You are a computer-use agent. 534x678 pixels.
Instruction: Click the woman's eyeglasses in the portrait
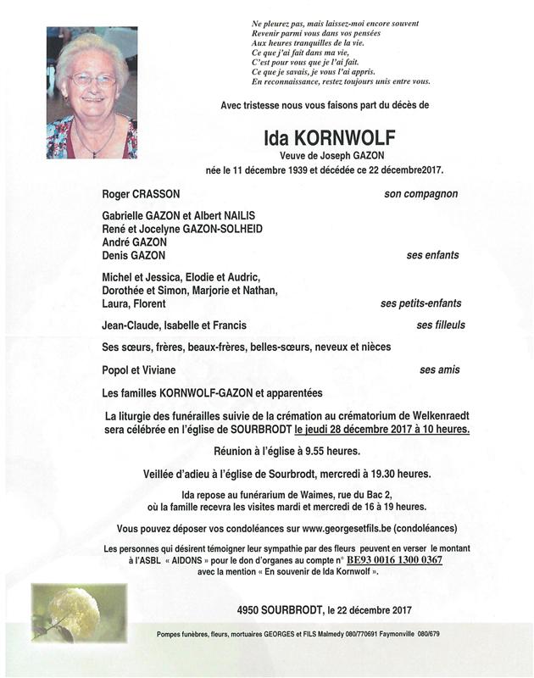coord(92,80)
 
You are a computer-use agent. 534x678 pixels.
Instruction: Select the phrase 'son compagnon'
coord(420,194)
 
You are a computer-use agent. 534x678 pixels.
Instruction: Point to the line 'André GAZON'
coord(134,242)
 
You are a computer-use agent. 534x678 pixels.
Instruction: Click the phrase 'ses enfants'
coord(431,255)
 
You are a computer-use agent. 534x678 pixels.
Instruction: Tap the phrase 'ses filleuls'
coord(440,325)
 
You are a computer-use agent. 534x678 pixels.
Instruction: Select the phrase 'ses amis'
coord(439,370)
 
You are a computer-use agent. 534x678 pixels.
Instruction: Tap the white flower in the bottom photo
coord(62,608)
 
